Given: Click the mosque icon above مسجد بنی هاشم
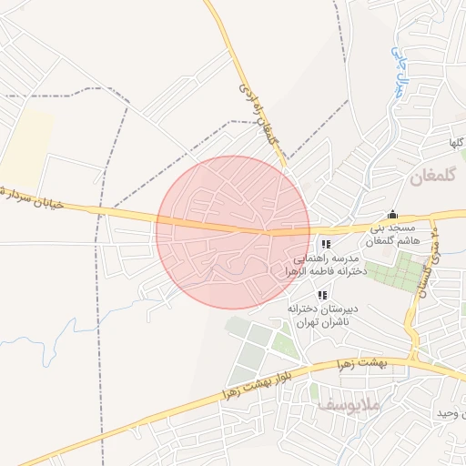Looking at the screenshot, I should tap(392, 215).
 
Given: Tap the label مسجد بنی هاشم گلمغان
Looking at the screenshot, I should tap(390, 234).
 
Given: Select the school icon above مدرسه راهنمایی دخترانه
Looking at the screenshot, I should tap(326, 244).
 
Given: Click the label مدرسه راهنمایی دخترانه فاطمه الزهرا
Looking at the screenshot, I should tap(326, 265).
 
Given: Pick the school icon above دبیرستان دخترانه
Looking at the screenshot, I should tap(322, 295).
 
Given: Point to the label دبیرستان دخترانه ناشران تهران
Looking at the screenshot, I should tap(322, 315).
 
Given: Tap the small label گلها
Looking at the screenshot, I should tap(454, 144).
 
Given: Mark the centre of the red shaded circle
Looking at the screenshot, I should tap(233, 232).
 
